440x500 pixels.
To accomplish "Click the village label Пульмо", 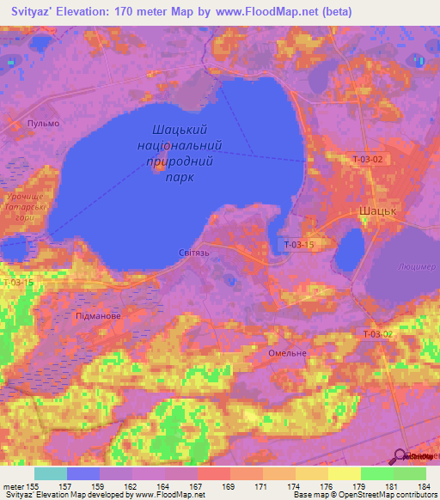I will pos(44,124).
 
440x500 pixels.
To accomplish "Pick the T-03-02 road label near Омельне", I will pos(377,333).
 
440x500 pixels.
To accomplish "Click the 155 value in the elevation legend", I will pos(31,486).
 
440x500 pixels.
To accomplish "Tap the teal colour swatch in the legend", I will pos(51,473).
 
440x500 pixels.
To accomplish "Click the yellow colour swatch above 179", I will pos(344,473).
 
